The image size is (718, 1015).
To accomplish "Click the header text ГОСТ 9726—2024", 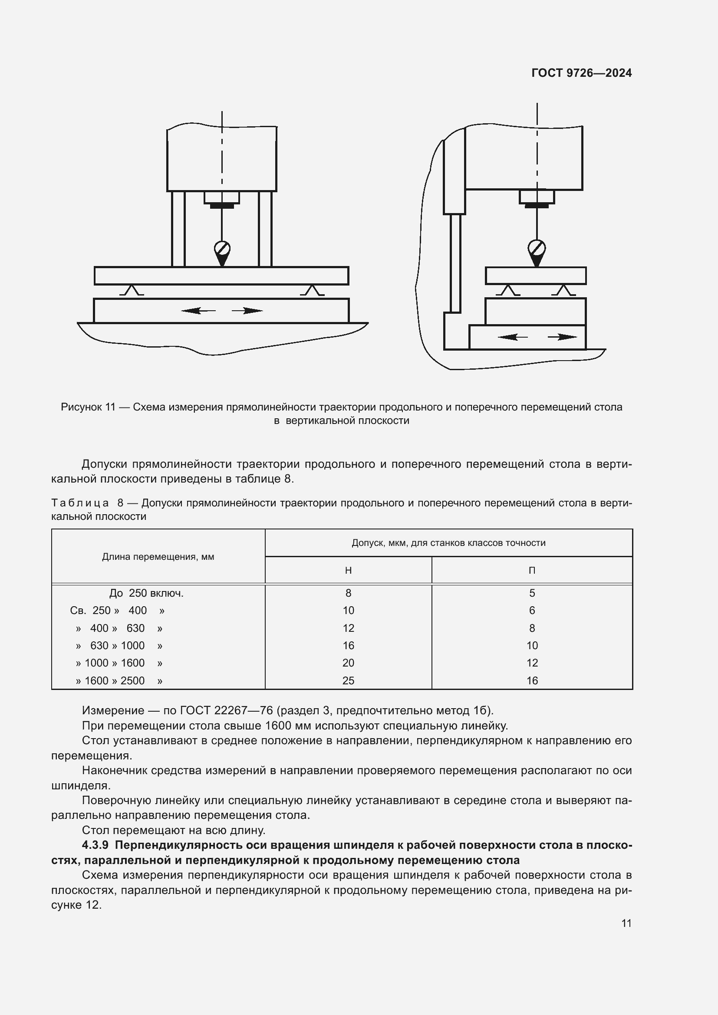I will tap(581, 73).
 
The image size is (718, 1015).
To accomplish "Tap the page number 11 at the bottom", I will tap(626, 923).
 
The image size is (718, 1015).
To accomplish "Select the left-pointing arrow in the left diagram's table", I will tap(198, 311).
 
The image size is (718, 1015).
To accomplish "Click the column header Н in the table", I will tap(349, 571).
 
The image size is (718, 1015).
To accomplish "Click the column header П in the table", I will tap(532, 571).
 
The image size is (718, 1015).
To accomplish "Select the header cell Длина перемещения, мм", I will tap(158, 557).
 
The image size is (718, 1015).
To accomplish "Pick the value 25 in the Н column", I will tap(349, 681).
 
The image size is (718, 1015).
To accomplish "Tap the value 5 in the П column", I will tap(532, 593).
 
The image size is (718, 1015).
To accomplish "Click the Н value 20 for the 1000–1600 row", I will tap(349, 663).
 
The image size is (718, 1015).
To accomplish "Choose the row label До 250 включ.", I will tap(146, 593).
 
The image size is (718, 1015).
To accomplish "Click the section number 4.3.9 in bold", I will tap(95, 846).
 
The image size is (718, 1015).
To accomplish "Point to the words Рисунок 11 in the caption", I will tap(88, 407).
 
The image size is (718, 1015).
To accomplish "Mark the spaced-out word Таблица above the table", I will tap(80, 503).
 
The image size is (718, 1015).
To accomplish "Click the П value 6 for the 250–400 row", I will tap(532, 611).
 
